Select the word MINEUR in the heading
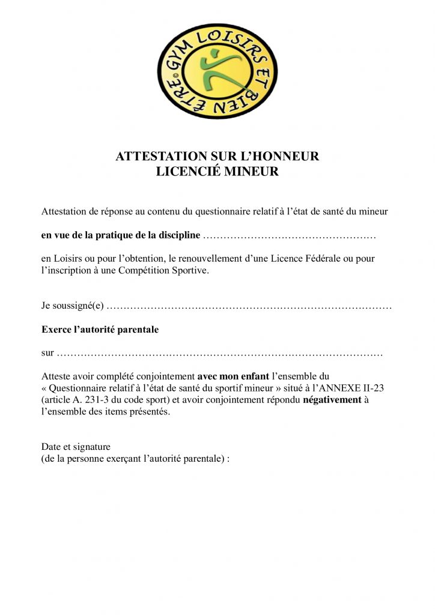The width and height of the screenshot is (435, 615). (251, 172)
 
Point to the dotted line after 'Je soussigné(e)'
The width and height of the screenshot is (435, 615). (252, 306)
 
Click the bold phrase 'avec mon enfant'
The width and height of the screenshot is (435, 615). (234, 377)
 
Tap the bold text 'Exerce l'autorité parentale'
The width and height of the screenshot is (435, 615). (100, 330)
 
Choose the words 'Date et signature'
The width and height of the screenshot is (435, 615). (76, 447)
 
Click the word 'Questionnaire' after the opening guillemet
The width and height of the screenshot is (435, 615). (79, 389)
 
